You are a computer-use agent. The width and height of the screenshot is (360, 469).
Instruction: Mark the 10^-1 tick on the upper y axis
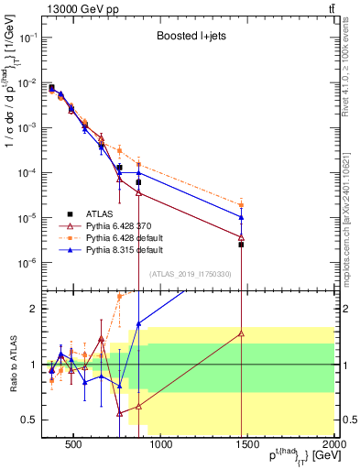27,38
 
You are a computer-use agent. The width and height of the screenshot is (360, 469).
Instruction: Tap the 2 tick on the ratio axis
34,309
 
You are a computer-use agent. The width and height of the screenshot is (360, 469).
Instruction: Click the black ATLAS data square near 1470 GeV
241,245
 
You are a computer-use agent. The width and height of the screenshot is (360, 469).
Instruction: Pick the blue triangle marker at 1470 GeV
241,217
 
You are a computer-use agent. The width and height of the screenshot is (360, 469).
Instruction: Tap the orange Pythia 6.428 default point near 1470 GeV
241,205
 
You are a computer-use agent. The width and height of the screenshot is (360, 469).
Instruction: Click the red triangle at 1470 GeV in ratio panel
241,333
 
